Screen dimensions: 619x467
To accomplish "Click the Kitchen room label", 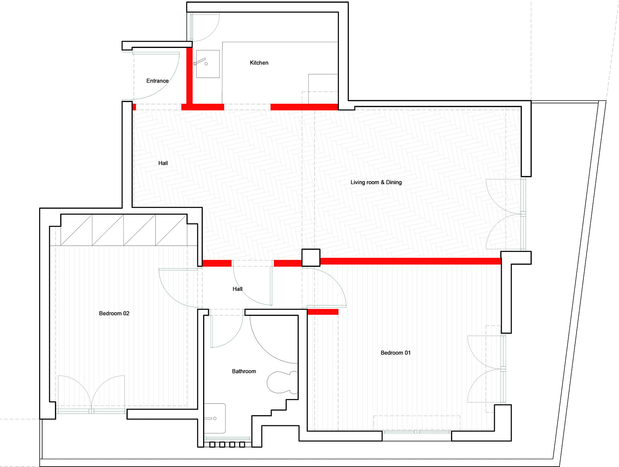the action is (259, 63).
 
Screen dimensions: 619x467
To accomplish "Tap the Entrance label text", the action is (157, 81).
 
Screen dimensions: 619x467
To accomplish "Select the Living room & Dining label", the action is (376, 183).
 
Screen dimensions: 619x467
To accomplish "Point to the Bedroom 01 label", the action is (395, 353).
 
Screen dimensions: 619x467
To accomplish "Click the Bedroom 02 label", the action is (114, 313).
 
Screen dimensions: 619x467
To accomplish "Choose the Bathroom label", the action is (244, 371).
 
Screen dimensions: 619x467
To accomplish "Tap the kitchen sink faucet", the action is (200, 62).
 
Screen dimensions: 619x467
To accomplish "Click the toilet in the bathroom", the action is (282, 382).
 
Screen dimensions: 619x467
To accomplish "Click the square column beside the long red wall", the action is (311, 258).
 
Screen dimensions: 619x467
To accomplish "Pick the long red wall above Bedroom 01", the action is (410, 261).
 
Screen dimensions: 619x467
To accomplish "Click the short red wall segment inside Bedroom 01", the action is (323, 311).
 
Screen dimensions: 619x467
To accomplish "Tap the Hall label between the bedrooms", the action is (238, 289).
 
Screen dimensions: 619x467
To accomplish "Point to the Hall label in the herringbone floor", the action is (163, 163).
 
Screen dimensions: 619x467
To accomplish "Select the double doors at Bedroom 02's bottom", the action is (91, 394).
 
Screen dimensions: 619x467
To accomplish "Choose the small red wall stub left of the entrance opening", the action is (134, 107).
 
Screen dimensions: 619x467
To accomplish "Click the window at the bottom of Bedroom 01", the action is (417, 432).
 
